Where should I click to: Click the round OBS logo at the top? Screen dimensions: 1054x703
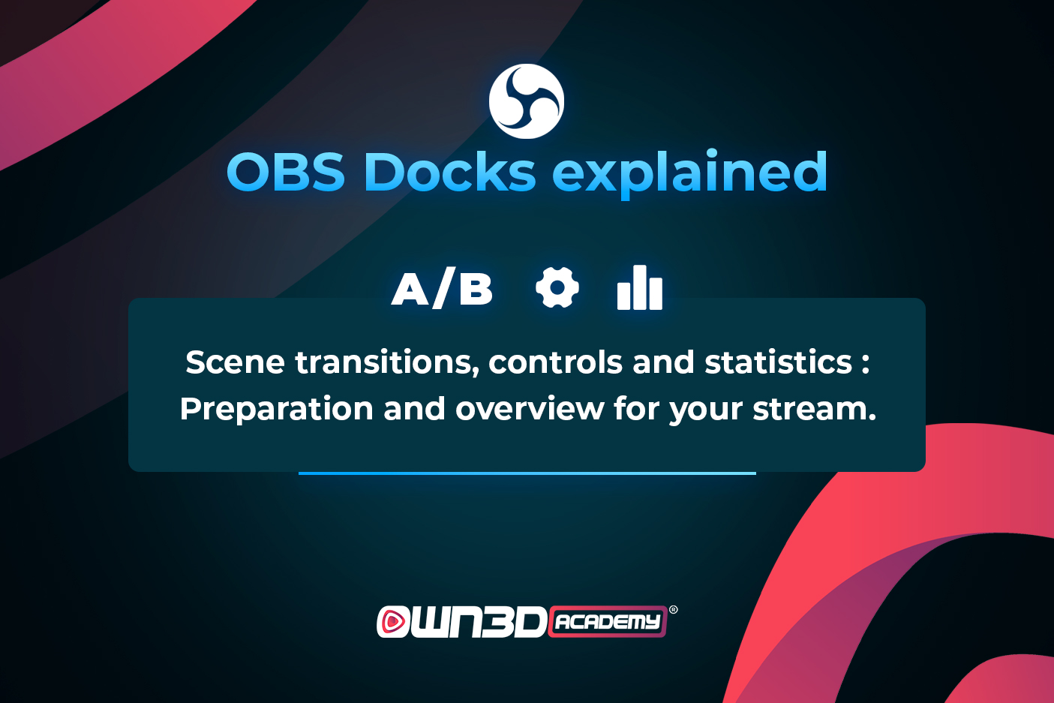click(527, 101)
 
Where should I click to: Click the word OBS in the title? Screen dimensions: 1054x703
click(286, 173)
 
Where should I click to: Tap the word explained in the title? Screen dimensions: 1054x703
click(690, 174)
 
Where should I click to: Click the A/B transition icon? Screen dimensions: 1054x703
click(442, 288)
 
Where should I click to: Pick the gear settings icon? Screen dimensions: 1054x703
click(557, 287)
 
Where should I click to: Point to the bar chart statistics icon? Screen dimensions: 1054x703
click(640, 287)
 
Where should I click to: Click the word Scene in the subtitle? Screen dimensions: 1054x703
click(236, 362)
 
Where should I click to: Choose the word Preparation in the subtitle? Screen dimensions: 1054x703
click(277, 410)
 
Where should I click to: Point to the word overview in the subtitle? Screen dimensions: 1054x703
click(530, 408)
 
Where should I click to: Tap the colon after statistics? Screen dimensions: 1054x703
click(865, 365)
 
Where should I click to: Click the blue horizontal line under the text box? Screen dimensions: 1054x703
click(527, 473)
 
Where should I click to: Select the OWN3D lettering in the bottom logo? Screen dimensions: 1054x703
click(461, 621)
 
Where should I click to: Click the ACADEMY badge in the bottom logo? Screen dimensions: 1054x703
click(608, 621)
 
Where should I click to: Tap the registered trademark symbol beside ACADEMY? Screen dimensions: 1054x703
click(674, 610)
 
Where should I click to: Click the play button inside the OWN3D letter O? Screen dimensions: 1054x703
click(393, 621)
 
